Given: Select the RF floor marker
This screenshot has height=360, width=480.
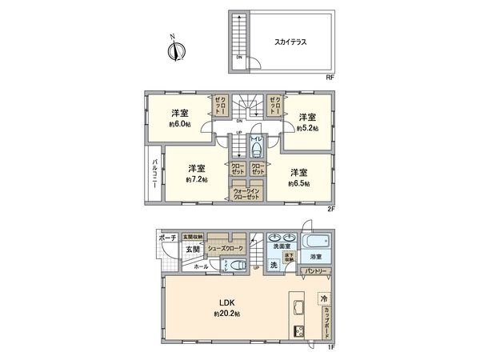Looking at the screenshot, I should [x=330, y=77].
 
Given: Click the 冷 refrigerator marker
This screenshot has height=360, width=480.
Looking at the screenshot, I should [x=324, y=298].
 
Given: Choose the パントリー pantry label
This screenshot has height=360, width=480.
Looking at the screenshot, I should [x=314, y=272].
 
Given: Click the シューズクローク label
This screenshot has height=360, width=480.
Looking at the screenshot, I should [x=226, y=249].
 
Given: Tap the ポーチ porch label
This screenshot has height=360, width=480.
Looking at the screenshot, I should [x=166, y=238].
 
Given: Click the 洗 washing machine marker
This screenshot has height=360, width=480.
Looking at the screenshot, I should [x=273, y=264].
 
